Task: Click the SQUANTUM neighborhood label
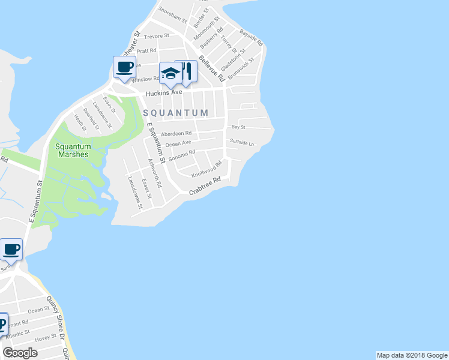(x=175, y=113)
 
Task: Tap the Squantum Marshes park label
(x=73, y=150)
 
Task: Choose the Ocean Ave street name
(x=178, y=143)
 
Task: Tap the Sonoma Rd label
(x=182, y=157)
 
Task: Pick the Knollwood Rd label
(x=206, y=169)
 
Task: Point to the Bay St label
(x=238, y=127)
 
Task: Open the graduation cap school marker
(x=170, y=73)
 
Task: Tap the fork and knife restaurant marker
(x=187, y=71)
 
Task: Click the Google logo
(x=20, y=353)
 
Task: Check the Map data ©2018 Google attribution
(x=412, y=355)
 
